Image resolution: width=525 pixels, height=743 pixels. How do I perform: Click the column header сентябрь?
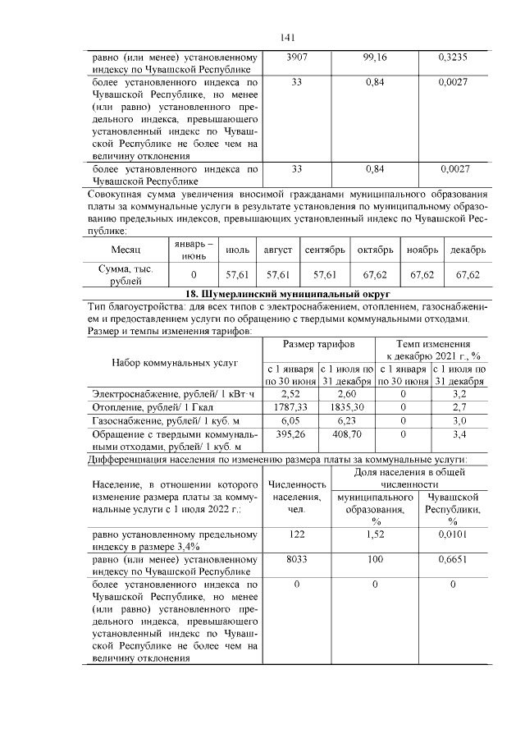(325, 249)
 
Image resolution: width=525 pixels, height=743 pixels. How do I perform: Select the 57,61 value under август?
(273, 274)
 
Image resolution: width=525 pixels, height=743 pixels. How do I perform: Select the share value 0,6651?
(453, 560)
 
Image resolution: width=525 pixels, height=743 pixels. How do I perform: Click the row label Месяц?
(126, 249)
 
